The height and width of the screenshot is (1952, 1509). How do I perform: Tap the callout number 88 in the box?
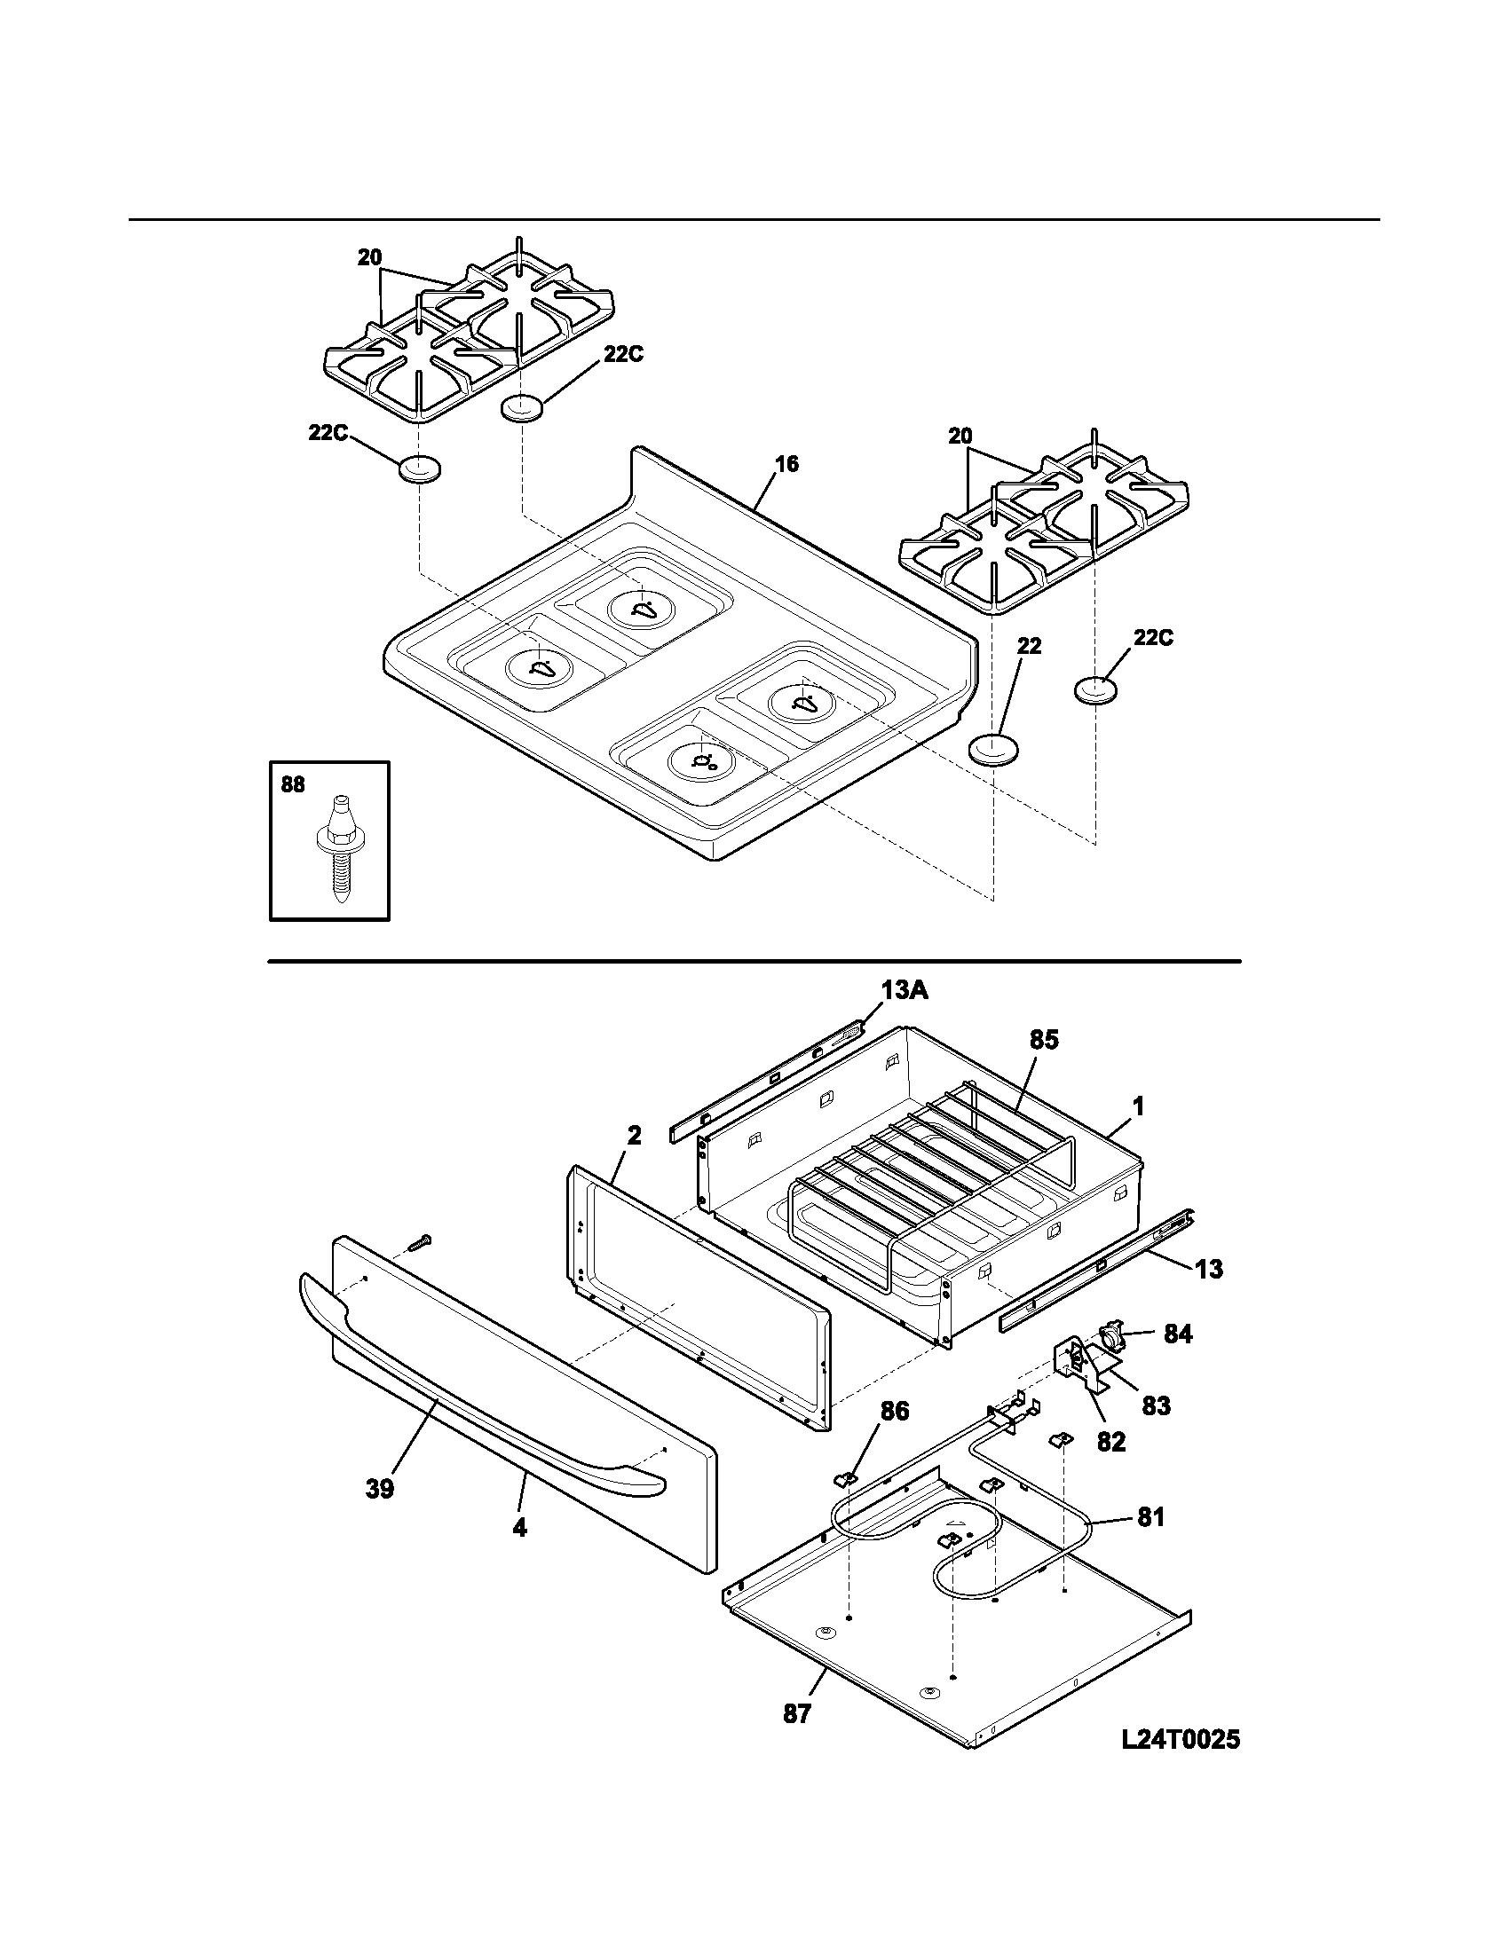(292, 784)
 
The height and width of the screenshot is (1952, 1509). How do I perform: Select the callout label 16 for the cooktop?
(786, 464)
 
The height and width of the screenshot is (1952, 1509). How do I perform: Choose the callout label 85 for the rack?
(1043, 1040)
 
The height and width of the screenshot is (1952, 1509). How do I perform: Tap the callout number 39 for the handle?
(379, 1489)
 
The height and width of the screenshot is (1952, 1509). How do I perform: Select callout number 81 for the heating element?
(1151, 1517)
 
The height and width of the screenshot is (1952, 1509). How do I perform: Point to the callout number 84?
(1178, 1334)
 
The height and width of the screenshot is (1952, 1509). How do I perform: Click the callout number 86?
(894, 1412)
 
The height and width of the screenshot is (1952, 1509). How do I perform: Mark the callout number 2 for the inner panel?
(634, 1136)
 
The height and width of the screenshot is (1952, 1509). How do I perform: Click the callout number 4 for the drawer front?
(519, 1528)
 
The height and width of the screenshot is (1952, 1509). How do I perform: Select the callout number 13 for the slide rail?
(1209, 1269)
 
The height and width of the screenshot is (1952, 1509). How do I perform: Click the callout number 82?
(1111, 1442)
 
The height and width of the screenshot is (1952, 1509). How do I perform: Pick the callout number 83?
(1156, 1406)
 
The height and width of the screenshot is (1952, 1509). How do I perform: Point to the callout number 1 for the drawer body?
(1138, 1106)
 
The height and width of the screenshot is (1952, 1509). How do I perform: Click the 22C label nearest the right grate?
(1153, 638)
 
